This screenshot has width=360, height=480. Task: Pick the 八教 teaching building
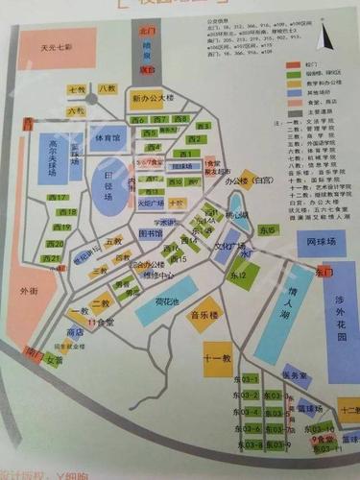107,89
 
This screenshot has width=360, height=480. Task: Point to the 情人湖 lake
285,304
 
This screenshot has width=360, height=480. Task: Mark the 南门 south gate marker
35,351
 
